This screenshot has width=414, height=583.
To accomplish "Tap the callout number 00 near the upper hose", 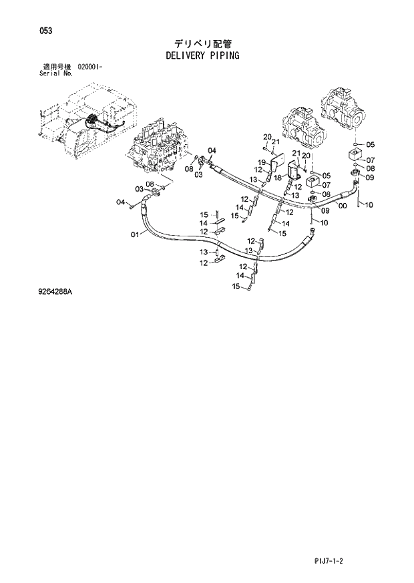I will pyautogui.click(x=343, y=206).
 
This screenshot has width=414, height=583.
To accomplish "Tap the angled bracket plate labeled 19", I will pyautogui.click(x=278, y=164).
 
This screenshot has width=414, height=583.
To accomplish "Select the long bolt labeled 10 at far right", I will pyautogui.click(x=358, y=196).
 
